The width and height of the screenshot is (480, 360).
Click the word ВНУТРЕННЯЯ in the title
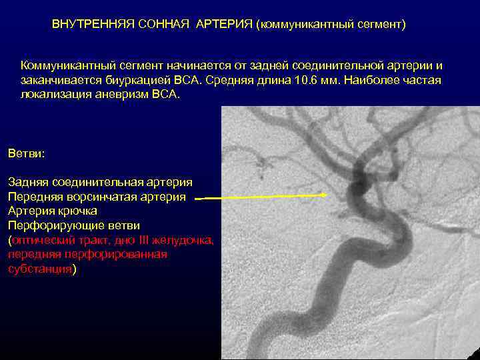pos(93,25)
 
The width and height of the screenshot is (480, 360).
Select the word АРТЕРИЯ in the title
pos(224,25)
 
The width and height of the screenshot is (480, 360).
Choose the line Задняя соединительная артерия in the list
pos(100,182)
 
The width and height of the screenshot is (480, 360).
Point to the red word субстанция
pos(39,269)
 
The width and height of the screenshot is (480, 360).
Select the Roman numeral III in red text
pos(146,241)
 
